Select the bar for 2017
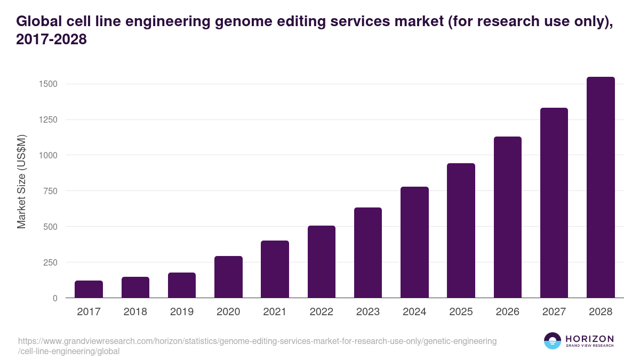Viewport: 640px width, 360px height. [89, 289]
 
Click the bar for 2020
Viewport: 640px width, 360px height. [228, 277]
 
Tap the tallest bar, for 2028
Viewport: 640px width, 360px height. [601, 187]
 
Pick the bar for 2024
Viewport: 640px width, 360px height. [414, 242]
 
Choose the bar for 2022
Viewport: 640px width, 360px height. [322, 261]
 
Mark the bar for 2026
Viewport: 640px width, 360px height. [507, 217]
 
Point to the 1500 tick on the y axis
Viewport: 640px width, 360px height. [47, 84]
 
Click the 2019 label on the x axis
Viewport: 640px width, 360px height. [182, 312]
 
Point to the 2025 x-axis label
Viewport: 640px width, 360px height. [461, 312]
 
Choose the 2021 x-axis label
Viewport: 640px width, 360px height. [275, 312]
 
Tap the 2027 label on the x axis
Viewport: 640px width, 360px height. [554, 312]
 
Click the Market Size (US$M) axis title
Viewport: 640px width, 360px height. [21, 181]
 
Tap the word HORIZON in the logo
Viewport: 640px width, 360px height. [589, 339]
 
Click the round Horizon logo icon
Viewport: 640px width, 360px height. [553, 341]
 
